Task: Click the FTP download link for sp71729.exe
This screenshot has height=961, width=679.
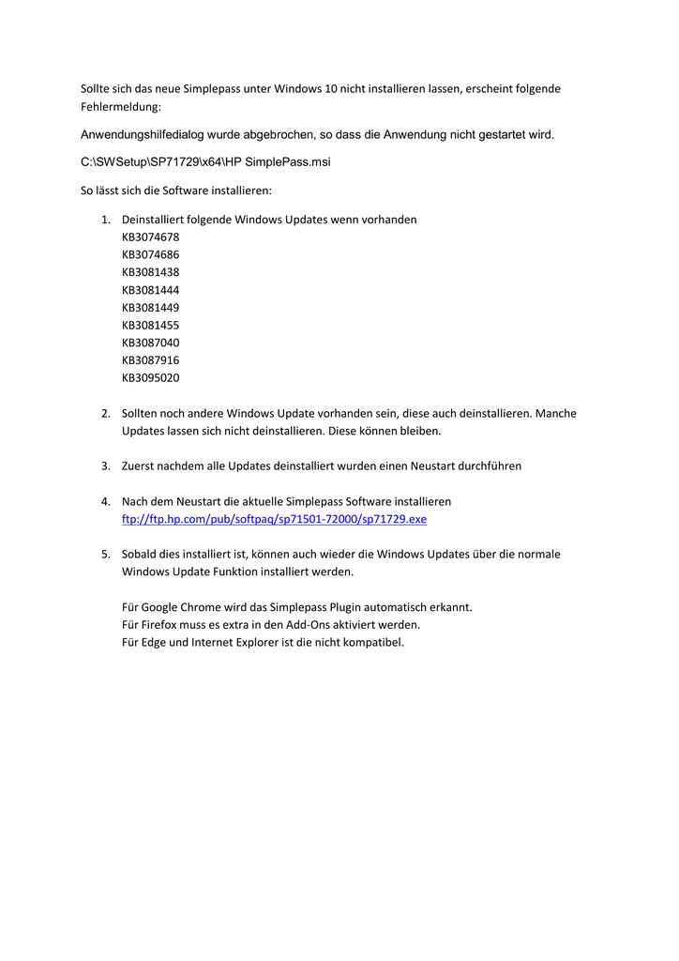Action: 274,519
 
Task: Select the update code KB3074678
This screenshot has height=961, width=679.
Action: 150,237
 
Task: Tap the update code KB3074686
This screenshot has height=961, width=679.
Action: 150,254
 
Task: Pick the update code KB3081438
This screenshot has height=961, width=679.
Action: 150,272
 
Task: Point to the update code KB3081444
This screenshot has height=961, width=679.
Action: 150,290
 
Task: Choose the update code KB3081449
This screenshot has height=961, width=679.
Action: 150,308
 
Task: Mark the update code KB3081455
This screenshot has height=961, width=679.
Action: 150,325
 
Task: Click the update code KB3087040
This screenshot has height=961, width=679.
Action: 150,343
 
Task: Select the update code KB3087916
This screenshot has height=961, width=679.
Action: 150,360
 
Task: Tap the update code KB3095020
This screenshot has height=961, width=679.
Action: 150,378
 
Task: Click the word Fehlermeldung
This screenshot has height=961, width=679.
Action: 121,107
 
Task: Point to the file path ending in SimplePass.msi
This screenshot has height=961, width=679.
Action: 205,162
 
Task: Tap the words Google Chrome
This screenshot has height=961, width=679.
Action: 181,607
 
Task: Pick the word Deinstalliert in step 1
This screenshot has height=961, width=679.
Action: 155,220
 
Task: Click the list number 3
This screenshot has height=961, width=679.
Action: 105,466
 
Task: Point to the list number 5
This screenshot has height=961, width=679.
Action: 105,555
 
